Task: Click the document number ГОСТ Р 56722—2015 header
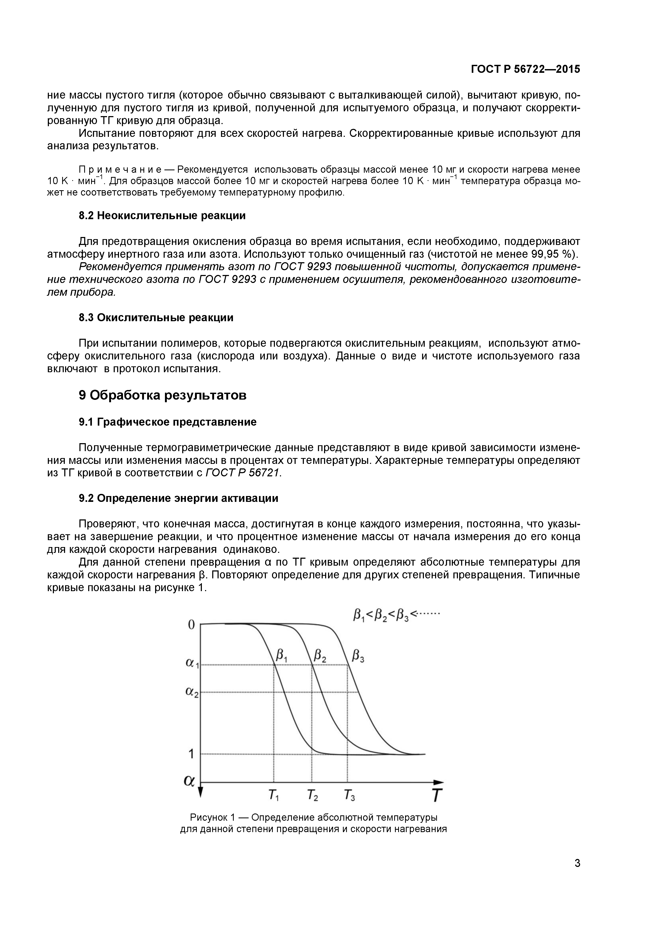(x=525, y=69)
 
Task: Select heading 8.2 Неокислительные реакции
(x=162, y=215)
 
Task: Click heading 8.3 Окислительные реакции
(x=156, y=317)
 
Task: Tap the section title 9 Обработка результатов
(x=162, y=395)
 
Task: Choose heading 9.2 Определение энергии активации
(x=178, y=498)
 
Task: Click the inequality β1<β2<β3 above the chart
(x=381, y=616)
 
